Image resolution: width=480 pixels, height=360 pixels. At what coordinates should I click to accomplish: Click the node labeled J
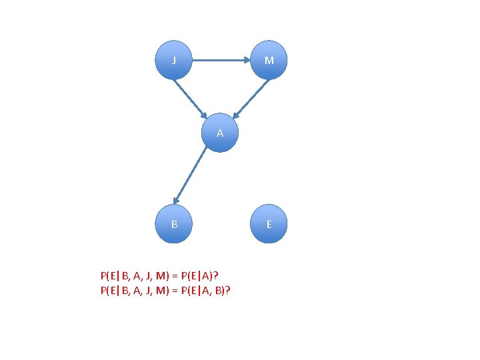pyautogui.click(x=174, y=60)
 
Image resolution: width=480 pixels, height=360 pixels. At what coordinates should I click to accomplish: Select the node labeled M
pyautogui.click(x=269, y=60)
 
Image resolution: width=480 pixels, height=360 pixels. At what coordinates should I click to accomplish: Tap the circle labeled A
pyautogui.click(x=220, y=133)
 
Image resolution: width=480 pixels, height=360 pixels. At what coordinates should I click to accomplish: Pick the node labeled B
pyautogui.click(x=174, y=224)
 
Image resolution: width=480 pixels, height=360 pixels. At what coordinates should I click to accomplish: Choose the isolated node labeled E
pyautogui.click(x=269, y=224)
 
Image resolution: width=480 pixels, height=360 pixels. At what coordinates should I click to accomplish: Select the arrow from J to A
pyautogui.click(x=191, y=97)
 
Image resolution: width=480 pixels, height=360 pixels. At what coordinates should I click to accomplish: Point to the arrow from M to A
pyautogui.click(x=251, y=97)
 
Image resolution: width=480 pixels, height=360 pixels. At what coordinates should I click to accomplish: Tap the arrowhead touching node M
pyautogui.click(x=246, y=60)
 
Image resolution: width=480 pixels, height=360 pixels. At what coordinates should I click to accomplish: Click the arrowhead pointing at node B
pyautogui.click(x=175, y=200)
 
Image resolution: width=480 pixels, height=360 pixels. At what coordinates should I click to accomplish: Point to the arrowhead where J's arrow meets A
pyautogui.click(x=204, y=113)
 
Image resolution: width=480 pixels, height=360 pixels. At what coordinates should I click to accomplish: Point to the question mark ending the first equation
pyautogui.click(x=217, y=275)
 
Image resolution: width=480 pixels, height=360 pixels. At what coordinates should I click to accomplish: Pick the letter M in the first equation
pyautogui.click(x=159, y=275)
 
